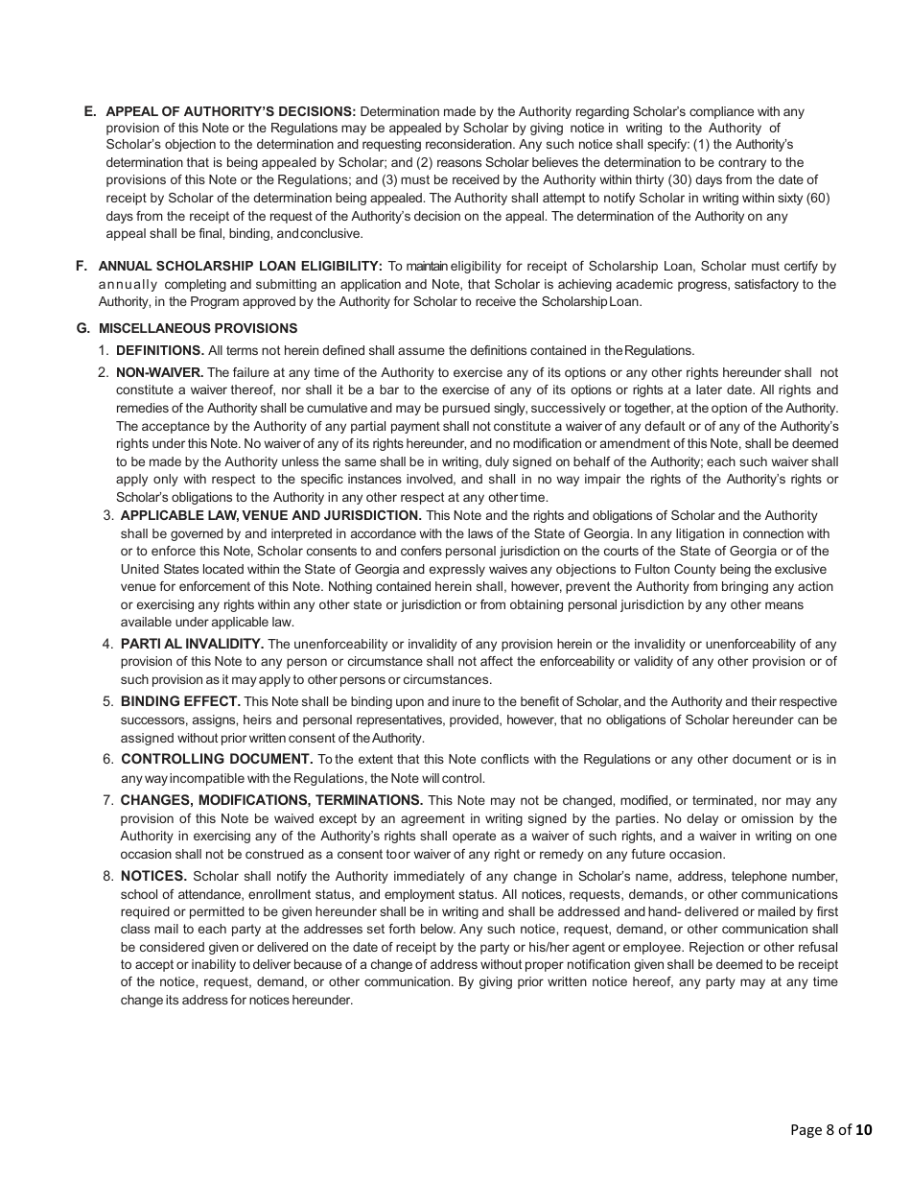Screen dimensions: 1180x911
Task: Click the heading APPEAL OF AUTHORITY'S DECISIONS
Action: tap(230, 111)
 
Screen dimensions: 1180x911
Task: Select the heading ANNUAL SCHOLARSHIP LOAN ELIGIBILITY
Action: tap(241, 266)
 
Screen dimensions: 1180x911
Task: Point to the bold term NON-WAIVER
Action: tap(159, 372)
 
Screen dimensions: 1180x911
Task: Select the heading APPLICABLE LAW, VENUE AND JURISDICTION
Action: tap(271, 515)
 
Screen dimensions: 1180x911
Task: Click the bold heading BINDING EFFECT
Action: tap(180, 701)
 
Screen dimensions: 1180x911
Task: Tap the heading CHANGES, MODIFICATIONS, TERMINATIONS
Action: tap(271, 800)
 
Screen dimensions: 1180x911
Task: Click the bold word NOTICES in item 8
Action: tap(153, 876)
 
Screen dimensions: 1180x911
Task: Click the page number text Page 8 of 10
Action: tap(831, 1129)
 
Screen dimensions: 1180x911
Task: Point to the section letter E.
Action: tap(90, 111)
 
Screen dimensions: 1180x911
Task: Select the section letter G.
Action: tap(82, 328)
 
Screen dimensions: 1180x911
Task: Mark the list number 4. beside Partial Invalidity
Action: tap(108, 644)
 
